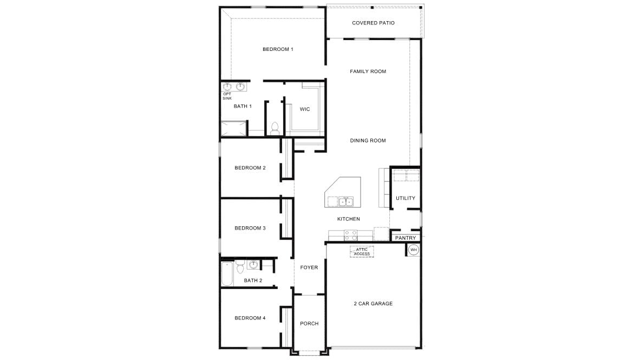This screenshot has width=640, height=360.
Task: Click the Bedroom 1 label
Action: (278, 49)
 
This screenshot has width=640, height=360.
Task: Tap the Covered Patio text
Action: (373, 23)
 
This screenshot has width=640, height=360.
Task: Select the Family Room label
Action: (368, 71)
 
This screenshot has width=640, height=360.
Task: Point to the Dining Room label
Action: (368, 141)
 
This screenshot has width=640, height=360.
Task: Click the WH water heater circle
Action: (414, 250)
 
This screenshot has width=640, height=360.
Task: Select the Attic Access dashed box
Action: (362, 251)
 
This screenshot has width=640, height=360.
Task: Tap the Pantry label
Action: (406, 238)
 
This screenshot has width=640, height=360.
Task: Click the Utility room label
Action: (405, 198)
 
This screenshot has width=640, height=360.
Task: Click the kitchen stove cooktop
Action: (350, 235)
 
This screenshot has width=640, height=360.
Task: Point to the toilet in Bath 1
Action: (275, 129)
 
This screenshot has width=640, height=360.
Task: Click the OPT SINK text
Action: (227, 96)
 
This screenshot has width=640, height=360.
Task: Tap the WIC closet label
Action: (305, 109)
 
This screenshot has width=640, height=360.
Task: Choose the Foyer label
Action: (309, 267)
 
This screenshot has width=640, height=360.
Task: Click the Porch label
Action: (309, 324)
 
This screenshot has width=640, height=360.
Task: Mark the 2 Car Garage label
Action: (373, 304)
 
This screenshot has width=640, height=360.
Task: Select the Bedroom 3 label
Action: (250, 228)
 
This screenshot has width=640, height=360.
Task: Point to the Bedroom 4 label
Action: (250, 318)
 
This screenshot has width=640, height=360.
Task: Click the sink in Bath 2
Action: (253, 265)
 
